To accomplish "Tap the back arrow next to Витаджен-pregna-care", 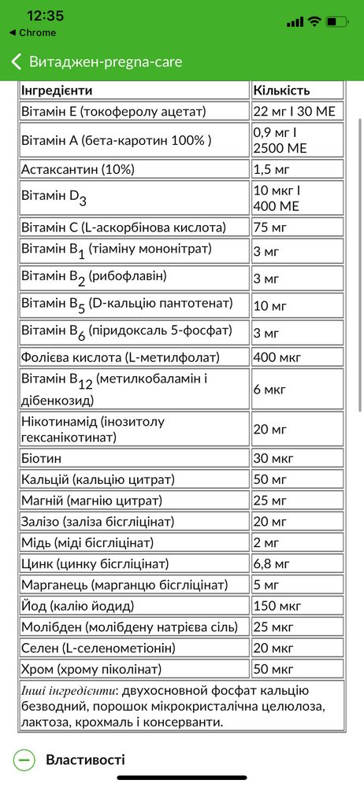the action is tap(16, 61).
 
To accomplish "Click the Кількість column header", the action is tap(281, 91).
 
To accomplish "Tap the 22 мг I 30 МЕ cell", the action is tap(295, 112).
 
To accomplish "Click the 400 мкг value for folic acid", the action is tap(277, 358).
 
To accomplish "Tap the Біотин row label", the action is tap(41, 457).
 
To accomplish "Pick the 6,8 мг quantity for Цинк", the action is tap(271, 563).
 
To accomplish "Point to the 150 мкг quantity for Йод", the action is tap(277, 606).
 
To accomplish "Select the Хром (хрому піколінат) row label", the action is tap(91, 669).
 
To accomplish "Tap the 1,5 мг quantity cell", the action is tap(271, 169).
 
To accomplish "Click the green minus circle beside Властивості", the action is tap(24, 760).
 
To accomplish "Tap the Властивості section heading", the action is tap(85, 760).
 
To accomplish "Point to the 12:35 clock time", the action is tap(45, 17).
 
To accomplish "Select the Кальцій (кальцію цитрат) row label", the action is tap(98, 478).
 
